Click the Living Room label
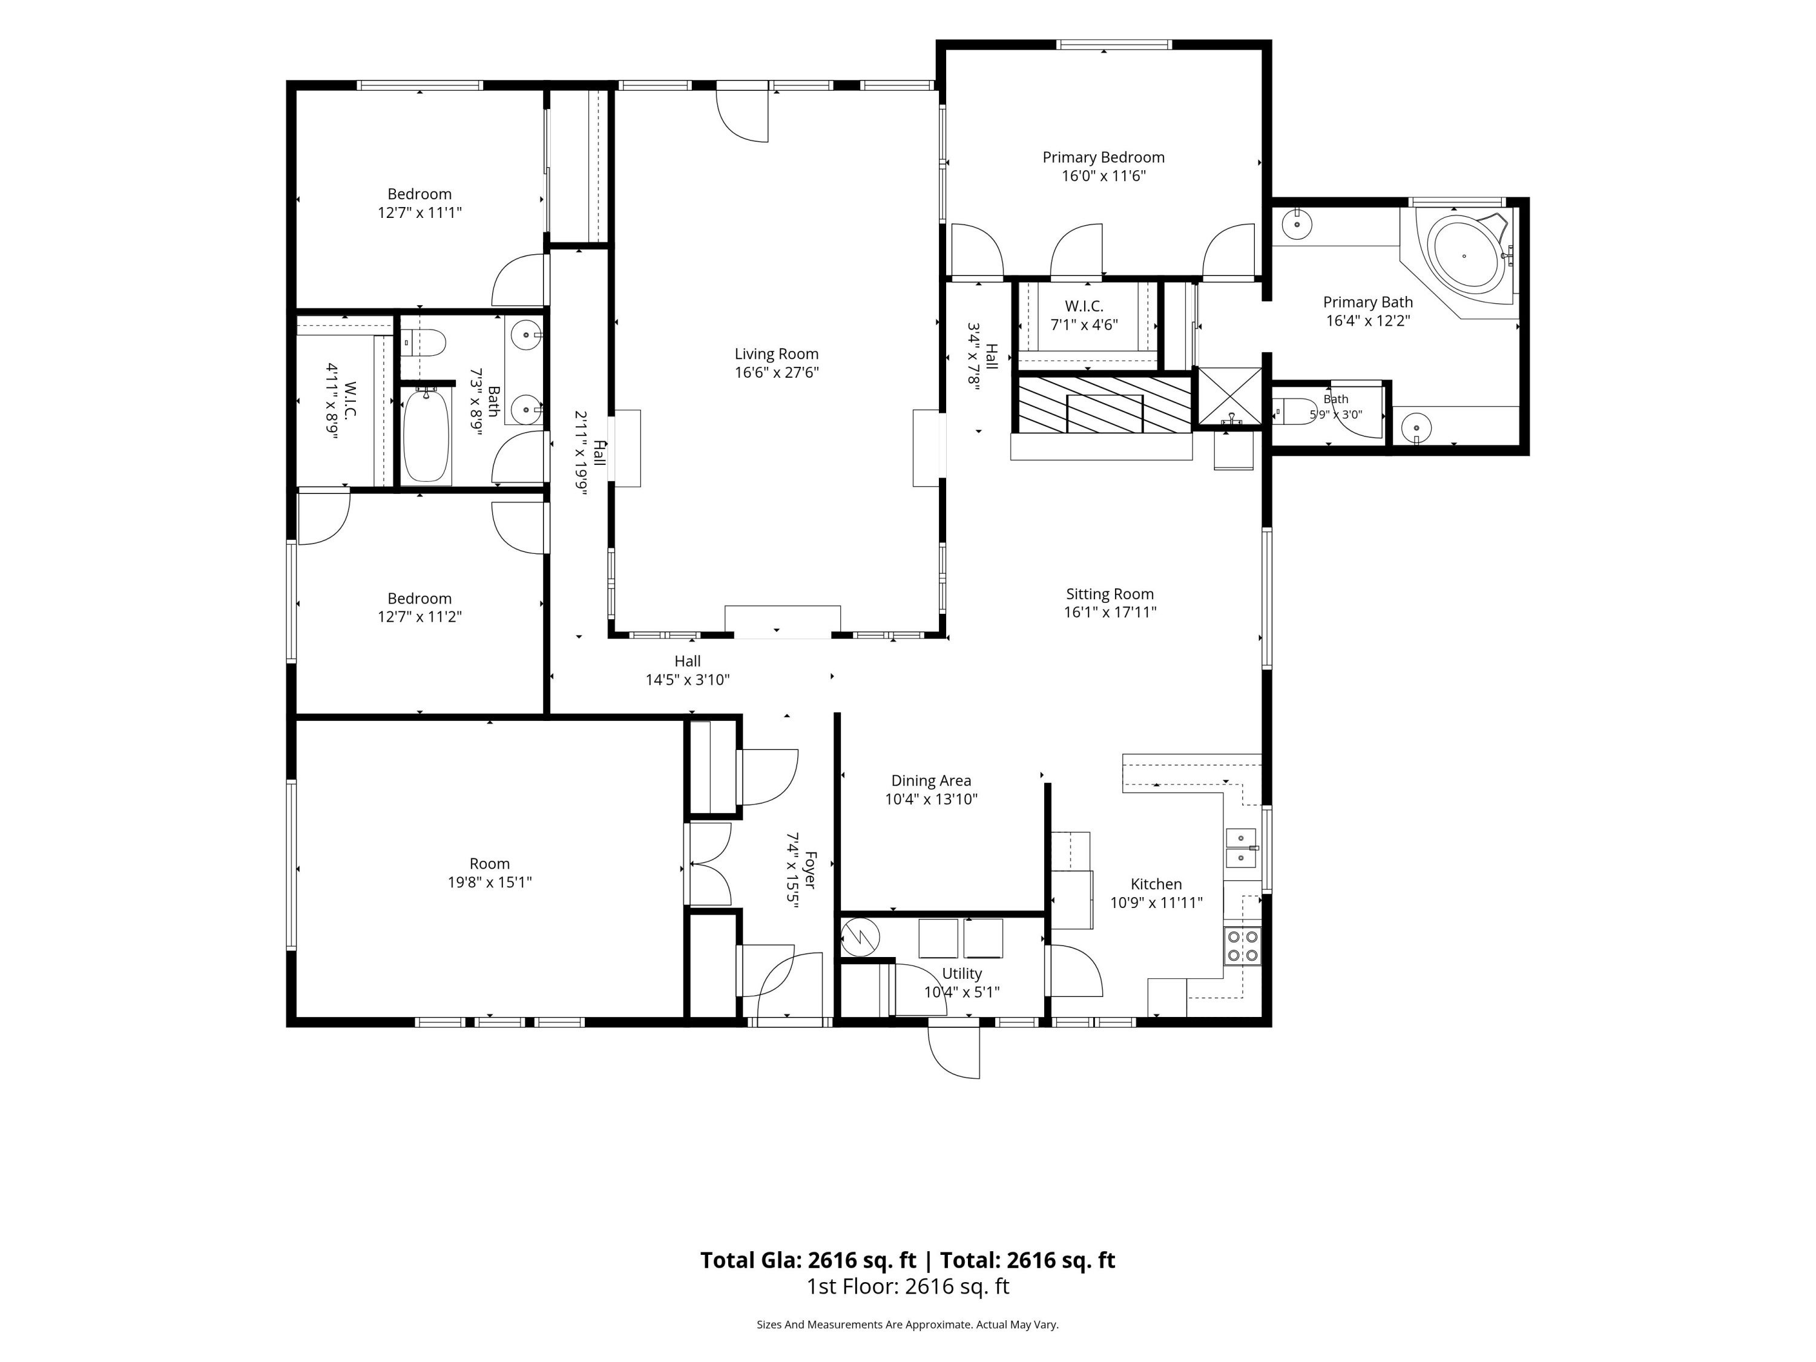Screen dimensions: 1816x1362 776,354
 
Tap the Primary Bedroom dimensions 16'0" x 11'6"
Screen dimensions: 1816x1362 1104,176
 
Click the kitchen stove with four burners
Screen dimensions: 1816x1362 1242,946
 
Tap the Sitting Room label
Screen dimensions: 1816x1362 1110,594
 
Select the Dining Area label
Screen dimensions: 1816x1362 931,781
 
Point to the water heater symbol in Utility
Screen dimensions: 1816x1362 860,936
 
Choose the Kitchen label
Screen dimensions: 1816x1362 1156,884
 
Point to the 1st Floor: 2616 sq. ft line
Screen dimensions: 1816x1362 907,1286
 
